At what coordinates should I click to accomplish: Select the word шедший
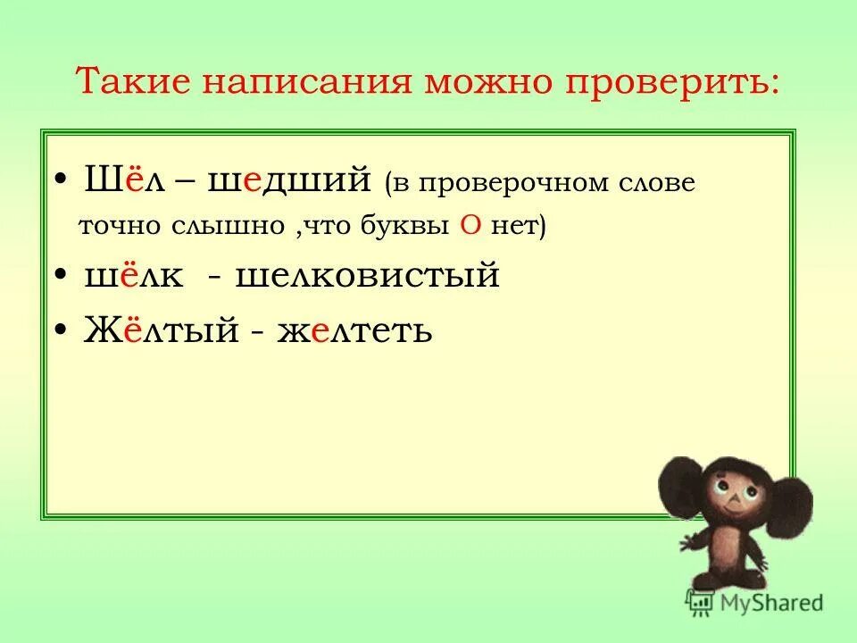(289, 180)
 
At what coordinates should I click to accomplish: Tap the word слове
(656, 183)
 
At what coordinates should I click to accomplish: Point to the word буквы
(410, 225)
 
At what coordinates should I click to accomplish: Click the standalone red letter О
(472, 225)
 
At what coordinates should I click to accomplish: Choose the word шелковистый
(367, 276)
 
